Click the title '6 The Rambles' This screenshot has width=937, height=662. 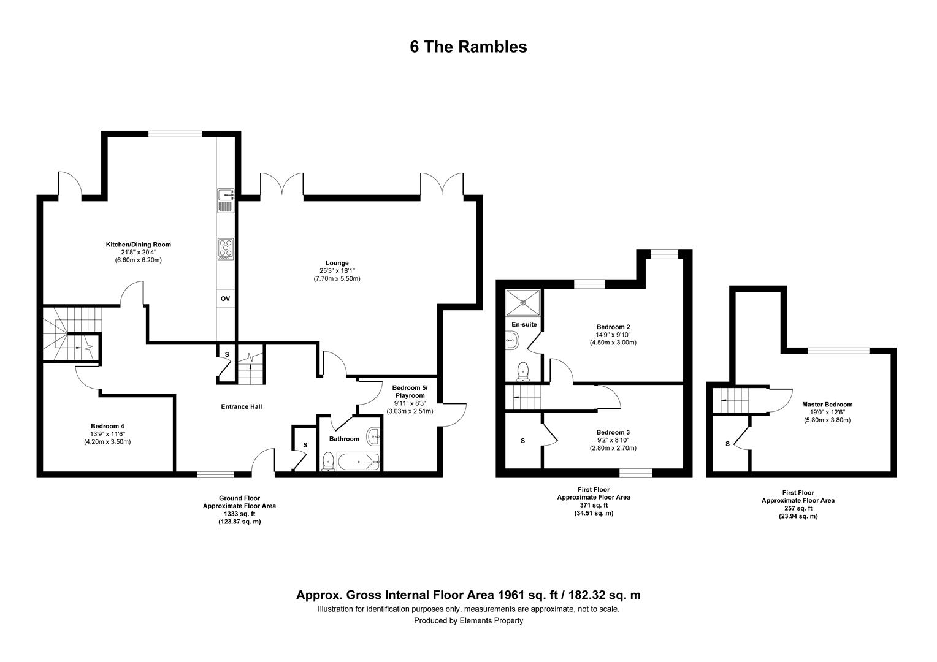click(x=468, y=47)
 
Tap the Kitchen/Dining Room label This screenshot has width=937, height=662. click(x=138, y=245)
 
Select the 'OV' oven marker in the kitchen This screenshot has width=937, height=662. click(x=225, y=299)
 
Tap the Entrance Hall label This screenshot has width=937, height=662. click(x=241, y=406)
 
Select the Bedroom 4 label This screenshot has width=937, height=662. click(x=107, y=426)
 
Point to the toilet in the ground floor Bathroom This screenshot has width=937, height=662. click(x=328, y=461)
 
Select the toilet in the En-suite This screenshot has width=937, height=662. click(x=523, y=370)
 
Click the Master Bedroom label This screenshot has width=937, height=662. click(x=827, y=405)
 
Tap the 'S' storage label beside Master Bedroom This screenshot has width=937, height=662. click(x=727, y=444)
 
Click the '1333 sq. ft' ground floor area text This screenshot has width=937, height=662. click(x=239, y=514)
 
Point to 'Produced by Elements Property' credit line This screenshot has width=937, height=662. click(x=468, y=620)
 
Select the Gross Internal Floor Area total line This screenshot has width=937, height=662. click(x=468, y=595)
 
